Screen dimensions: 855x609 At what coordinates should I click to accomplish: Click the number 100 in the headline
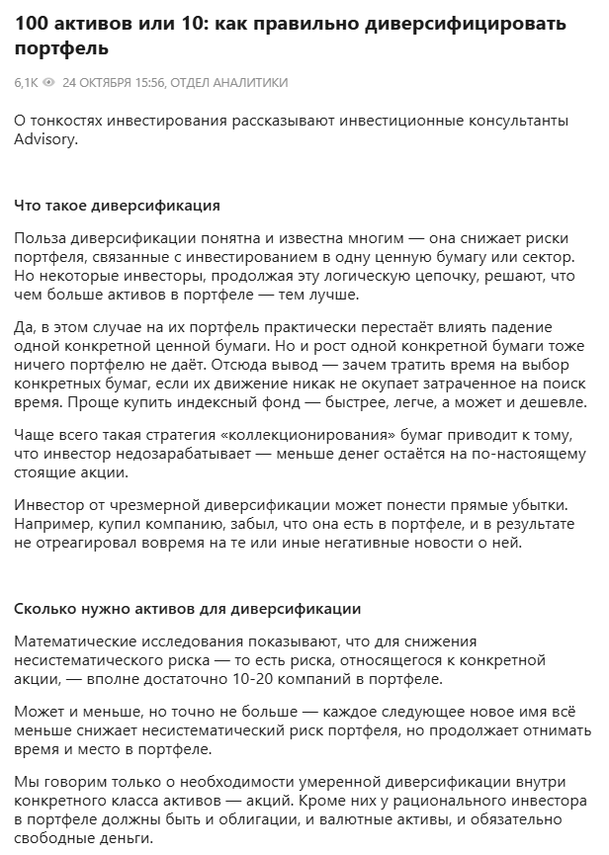pos(32,23)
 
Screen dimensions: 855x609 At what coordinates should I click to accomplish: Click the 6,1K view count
pos(27,83)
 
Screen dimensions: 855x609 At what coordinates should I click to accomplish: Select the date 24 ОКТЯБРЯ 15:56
pos(113,83)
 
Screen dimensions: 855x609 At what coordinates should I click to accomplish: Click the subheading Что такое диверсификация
pos(118,206)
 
